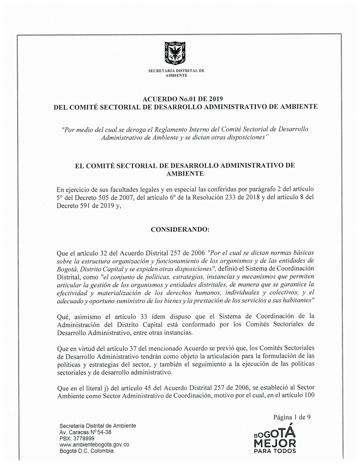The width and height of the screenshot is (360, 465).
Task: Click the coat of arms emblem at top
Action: (x=176, y=53)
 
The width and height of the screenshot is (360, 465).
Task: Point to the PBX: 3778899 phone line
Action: (x=77, y=438)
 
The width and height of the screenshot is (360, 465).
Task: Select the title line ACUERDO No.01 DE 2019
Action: (x=183, y=98)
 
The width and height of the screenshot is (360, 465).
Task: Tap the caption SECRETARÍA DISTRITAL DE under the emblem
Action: (x=176, y=71)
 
